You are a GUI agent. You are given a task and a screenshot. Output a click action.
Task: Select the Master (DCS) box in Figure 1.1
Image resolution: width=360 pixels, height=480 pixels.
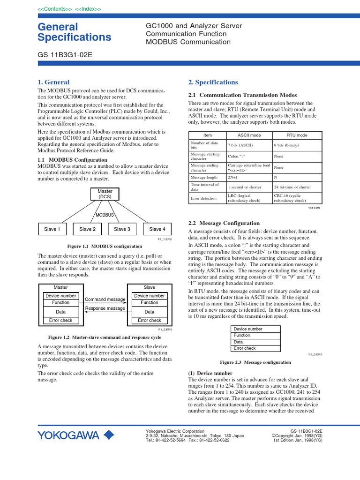point(105,194)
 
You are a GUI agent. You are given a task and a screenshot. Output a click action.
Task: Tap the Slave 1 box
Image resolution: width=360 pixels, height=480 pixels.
point(52,229)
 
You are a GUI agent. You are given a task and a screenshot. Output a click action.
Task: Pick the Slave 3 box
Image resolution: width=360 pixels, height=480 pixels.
point(122,229)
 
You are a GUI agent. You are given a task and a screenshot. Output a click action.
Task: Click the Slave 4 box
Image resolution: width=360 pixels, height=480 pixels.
point(157,229)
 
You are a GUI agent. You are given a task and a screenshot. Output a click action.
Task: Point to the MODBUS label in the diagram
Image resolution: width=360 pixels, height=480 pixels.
point(105,215)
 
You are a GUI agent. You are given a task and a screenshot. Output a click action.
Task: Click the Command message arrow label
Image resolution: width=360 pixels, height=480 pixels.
point(105,300)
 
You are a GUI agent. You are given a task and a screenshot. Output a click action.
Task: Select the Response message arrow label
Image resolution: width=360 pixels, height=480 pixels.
point(105,308)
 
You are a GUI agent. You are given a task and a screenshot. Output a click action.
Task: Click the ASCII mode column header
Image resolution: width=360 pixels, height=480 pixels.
point(249,135)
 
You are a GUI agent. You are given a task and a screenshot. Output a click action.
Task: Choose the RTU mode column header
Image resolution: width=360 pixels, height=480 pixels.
point(297,135)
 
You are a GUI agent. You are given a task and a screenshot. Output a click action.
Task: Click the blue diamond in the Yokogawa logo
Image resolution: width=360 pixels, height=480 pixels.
point(108,435)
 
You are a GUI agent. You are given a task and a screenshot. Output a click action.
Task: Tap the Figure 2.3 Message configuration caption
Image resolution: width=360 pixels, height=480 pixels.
point(255,362)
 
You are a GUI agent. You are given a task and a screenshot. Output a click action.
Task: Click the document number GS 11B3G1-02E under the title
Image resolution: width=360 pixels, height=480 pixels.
point(65,54)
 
